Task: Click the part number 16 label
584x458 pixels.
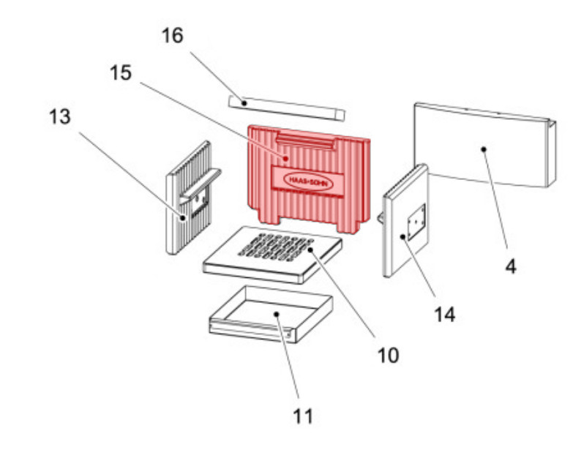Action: click(173, 36)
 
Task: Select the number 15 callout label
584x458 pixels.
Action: click(121, 72)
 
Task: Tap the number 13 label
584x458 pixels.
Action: click(59, 116)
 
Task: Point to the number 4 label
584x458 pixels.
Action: click(511, 266)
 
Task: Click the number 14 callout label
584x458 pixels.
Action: click(445, 315)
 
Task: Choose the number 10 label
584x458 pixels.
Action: click(388, 356)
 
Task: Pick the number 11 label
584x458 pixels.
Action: click(303, 416)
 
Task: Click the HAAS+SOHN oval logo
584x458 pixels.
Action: click(308, 181)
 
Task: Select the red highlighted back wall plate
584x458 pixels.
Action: click(309, 179)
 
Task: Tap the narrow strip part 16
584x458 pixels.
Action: click(286, 108)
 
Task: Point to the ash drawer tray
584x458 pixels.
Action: click(271, 315)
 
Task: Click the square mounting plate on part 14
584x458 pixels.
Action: click(416, 222)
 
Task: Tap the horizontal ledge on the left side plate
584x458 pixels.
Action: click(200, 185)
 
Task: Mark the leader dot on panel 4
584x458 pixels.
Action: click(484, 149)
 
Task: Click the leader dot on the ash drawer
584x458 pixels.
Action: click(277, 315)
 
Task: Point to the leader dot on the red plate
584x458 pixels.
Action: click(285, 159)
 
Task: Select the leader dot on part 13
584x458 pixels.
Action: click(183, 218)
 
